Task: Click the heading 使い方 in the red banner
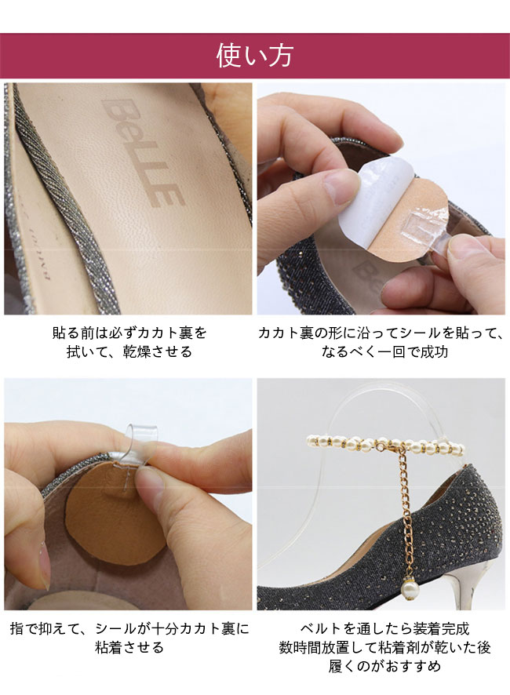coord(254,56)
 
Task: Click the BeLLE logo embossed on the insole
coord(143,152)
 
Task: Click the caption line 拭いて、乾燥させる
coord(129,352)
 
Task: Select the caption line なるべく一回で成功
coord(384,352)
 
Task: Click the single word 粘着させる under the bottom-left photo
coord(129,648)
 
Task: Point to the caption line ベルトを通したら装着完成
coord(384,628)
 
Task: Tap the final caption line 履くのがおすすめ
coord(384,666)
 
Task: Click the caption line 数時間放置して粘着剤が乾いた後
coord(384,648)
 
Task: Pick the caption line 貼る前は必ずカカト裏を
coord(129,333)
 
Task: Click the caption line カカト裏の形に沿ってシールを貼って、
coord(381,333)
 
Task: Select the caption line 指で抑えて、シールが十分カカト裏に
coord(129,628)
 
